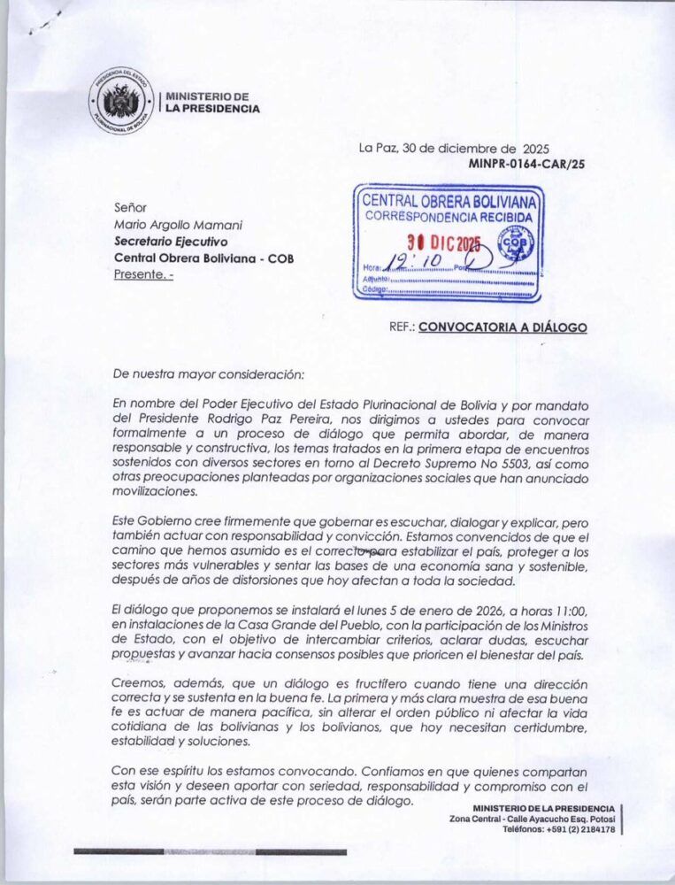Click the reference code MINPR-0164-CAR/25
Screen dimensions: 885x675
pos(526,164)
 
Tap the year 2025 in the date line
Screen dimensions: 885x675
pos(541,149)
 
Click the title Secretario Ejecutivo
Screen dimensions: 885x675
pos(171,241)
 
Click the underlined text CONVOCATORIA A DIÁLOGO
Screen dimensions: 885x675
pos(502,327)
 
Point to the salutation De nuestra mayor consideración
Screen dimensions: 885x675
pos(209,373)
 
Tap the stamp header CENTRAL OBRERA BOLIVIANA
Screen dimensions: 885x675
pos(451,201)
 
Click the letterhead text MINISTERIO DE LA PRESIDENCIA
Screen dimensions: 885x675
pos(212,103)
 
